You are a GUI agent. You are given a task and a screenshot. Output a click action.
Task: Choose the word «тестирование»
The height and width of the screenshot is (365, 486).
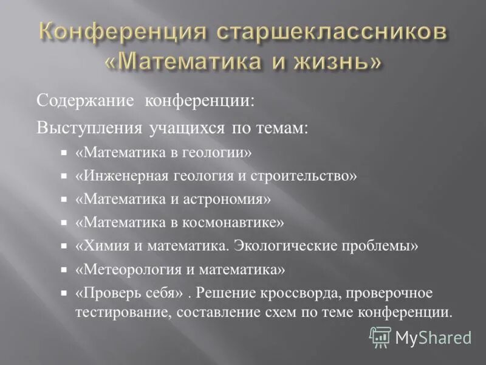click(x=113, y=312)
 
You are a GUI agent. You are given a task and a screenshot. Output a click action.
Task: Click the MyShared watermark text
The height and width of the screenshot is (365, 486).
click(x=433, y=336)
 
